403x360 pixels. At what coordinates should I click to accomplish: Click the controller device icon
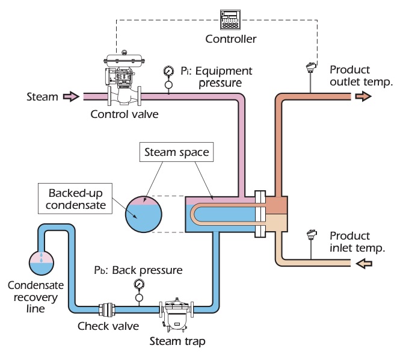click(231, 21)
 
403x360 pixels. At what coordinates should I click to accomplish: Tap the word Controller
click(231, 40)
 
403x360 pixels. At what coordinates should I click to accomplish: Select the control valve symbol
click(124, 79)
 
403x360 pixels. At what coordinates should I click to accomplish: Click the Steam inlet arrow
click(71, 96)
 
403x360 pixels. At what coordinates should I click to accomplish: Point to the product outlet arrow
click(363, 96)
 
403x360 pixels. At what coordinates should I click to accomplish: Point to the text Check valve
click(108, 326)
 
